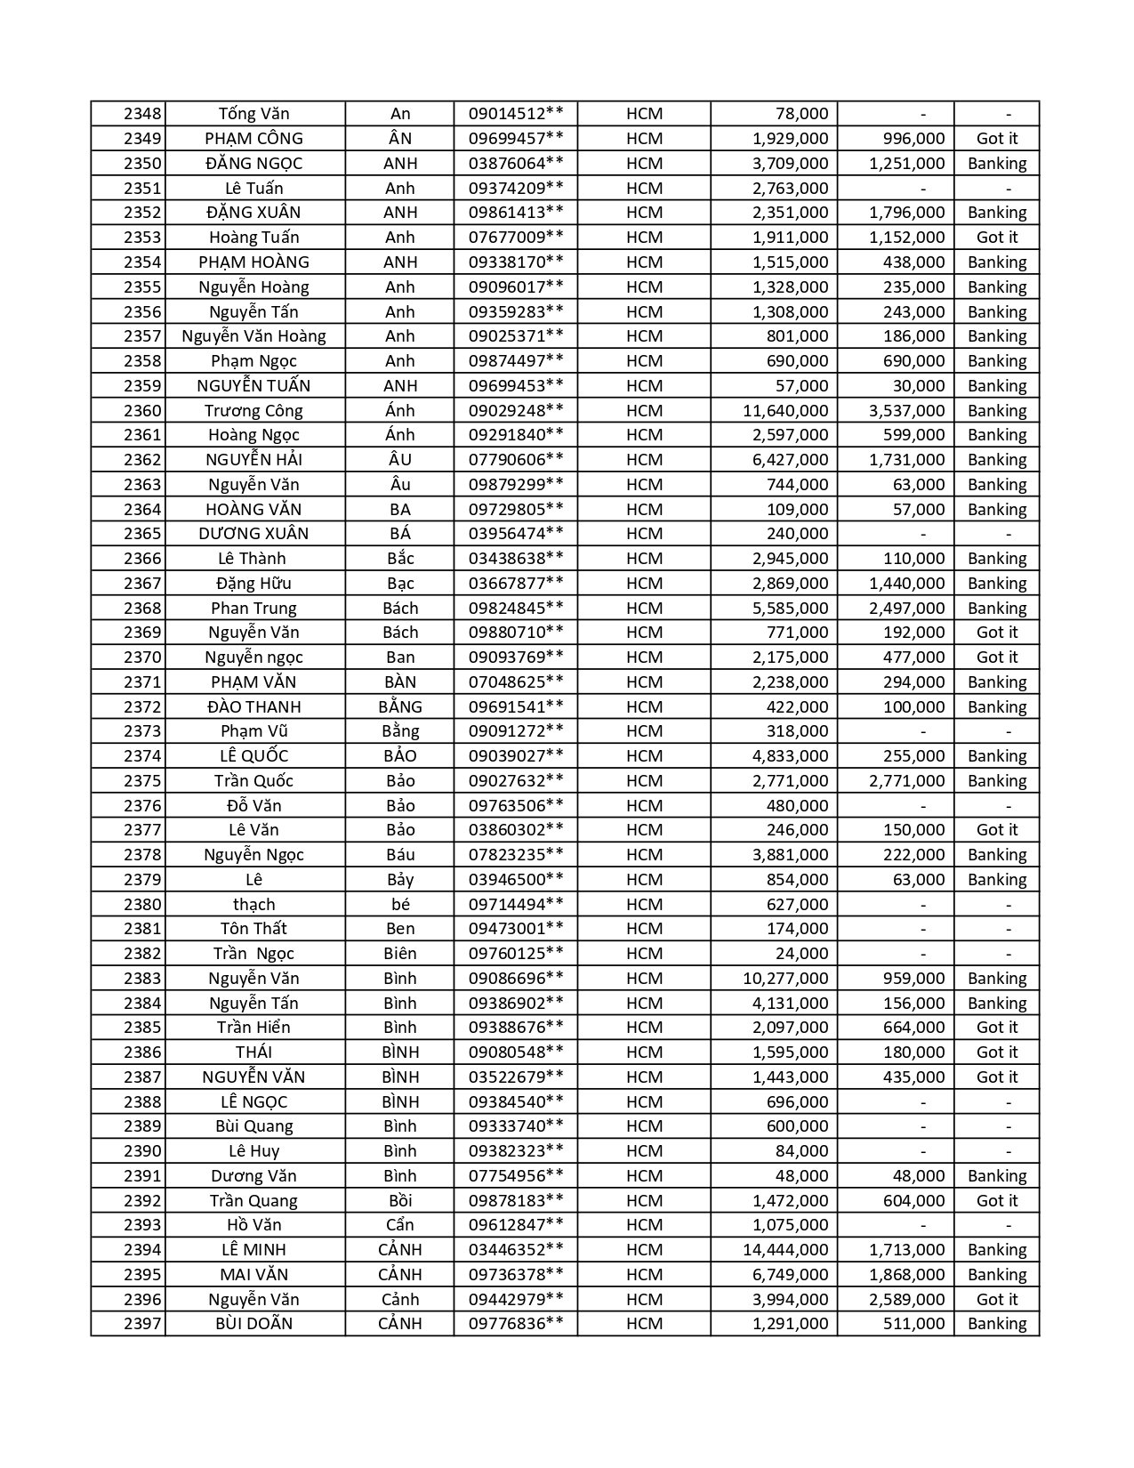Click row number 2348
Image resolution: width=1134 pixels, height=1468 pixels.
(142, 114)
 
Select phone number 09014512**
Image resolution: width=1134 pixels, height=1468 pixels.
(516, 114)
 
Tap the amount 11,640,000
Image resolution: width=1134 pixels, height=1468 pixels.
(785, 411)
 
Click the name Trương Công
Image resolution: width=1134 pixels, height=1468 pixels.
(253, 411)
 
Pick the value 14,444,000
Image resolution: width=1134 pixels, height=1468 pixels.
(785, 1250)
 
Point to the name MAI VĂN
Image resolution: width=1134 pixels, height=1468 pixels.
(253, 1275)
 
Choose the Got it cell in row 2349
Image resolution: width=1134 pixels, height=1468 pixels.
(996, 139)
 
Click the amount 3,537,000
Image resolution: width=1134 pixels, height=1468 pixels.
(906, 411)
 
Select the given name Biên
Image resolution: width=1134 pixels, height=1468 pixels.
(400, 954)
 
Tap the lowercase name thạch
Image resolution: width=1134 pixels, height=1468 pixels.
(253, 905)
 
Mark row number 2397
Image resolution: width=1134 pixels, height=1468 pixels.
(142, 1324)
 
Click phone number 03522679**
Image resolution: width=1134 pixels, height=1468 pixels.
(516, 1077)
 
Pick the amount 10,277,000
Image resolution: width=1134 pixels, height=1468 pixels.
(785, 979)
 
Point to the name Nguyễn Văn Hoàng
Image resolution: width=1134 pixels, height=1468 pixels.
(253, 336)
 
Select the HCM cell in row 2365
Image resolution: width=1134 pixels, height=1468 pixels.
(644, 534)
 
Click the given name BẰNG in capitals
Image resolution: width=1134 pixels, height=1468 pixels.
(400, 707)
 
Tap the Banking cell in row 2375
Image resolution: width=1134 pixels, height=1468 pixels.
(996, 781)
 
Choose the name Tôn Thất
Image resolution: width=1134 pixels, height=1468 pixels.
(253, 929)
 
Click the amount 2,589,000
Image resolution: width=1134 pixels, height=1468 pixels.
(906, 1300)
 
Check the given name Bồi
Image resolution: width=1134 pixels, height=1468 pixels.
(400, 1201)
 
